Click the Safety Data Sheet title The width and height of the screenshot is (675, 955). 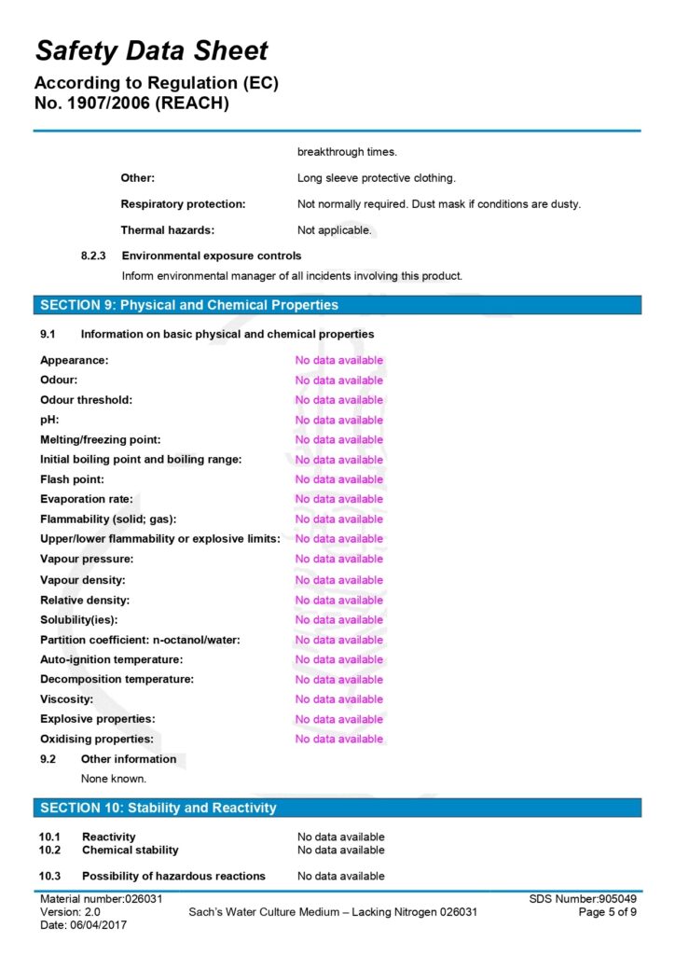[151, 50]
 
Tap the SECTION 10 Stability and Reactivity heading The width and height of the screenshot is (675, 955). [158, 808]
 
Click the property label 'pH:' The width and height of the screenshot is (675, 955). [49, 420]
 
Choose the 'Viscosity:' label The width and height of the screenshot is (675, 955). [67, 699]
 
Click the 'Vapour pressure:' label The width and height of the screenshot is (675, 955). [87, 560]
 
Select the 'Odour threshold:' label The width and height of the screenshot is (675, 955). [87, 400]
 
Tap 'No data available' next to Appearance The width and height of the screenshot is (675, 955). [339, 360]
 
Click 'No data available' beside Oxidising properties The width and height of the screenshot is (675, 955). [339, 740]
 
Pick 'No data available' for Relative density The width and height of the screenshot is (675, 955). [339, 601]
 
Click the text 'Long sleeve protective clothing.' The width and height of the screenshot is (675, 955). [377, 178]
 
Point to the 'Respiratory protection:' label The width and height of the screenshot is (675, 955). [183, 204]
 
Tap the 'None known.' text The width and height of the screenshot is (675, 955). [114, 779]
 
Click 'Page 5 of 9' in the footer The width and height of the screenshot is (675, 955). [608, 912]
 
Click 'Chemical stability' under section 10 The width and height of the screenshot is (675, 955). [131, 851]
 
